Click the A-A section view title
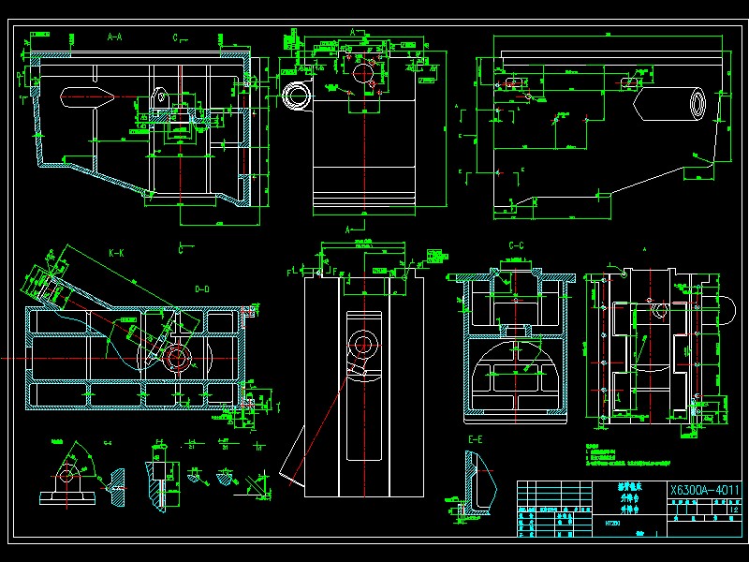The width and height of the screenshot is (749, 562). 115,37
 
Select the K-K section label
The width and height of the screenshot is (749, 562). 116,253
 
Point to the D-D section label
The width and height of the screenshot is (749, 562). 201,288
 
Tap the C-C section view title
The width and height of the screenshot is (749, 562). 516,246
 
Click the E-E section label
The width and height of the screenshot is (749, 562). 476,439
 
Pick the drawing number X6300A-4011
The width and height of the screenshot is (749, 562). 705,490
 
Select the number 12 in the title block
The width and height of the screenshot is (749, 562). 733,510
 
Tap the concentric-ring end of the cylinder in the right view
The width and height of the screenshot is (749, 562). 698,104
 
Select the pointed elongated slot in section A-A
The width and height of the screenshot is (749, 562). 86,96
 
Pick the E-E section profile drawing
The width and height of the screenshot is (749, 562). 477,482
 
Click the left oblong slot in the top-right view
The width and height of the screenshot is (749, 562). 513,82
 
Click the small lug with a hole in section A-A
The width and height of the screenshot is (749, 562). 161,98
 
